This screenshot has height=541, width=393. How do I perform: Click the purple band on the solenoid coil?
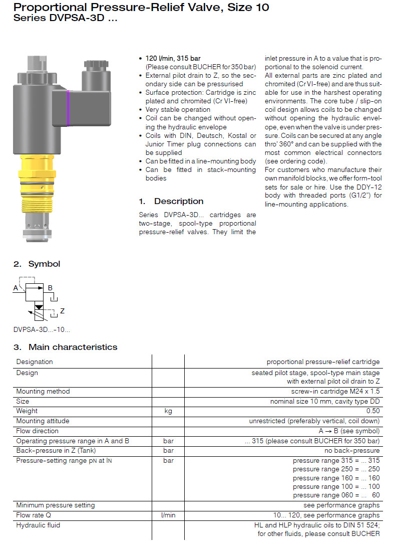pos(68,108)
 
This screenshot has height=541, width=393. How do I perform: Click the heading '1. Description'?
pos(171,201)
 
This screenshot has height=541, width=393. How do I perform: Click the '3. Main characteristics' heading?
pos(65,347)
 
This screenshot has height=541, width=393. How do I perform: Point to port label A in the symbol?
pos(16,288)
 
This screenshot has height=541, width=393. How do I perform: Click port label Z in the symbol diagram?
pos(62,311)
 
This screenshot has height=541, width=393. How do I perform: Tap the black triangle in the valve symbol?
pos(39,306)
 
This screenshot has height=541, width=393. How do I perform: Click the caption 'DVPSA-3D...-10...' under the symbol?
pos(42,329)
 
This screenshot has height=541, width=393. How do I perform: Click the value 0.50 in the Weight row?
pos(373,411)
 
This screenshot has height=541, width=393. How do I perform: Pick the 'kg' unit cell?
pos(168,411)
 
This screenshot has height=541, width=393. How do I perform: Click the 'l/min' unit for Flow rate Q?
pos(168,515)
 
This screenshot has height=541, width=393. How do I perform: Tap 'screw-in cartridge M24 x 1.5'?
pos(335,392)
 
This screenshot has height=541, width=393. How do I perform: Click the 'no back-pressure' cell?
pos(354,451)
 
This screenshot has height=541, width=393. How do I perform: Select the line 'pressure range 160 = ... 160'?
pos(336,478)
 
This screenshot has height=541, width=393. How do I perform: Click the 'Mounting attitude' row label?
pos(43,421)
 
